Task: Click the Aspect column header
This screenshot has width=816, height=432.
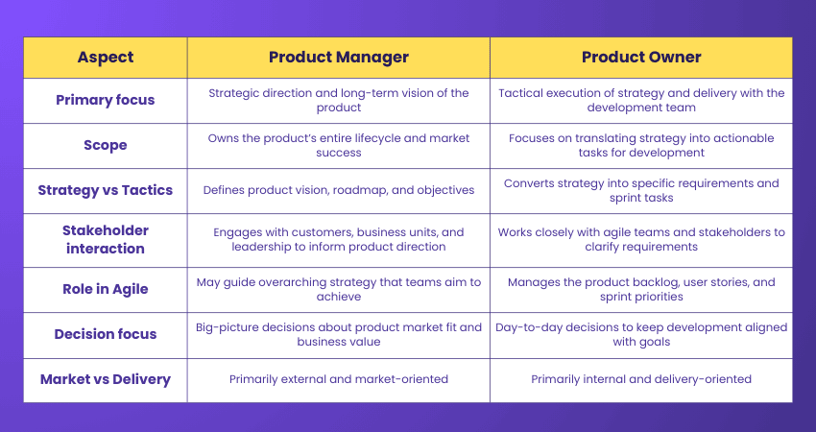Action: click(105, 57)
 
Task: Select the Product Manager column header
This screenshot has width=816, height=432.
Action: click(338, 57)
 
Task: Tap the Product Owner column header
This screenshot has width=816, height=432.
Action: click(641, 57)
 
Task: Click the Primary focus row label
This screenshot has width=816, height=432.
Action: click(105, 100)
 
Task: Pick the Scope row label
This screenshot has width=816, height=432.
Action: click(105, 145)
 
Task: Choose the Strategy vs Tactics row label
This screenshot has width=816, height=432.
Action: click(105, 190)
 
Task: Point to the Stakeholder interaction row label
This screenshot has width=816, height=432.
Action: click(105, 239)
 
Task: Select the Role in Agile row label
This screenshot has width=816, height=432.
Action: click(105, 289)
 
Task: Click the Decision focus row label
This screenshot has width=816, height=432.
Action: click(105, 334)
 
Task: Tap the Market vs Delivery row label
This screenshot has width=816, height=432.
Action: click(105, 379)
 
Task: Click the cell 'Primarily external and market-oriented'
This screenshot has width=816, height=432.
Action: click(338, 379)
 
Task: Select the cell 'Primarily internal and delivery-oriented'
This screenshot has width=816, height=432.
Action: click(641, 379)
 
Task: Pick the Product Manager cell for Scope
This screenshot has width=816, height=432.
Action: click(338, 145)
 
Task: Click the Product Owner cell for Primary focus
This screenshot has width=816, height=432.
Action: click(641, 100)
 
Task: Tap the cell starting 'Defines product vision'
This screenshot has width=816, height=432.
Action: click(338, 190)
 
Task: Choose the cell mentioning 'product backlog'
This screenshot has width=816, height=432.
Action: click(641, 289)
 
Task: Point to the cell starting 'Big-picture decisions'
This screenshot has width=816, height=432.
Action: click(338, 334)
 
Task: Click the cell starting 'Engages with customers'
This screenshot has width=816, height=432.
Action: click(338, 239)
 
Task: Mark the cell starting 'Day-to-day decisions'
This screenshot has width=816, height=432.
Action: click(641, 334)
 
